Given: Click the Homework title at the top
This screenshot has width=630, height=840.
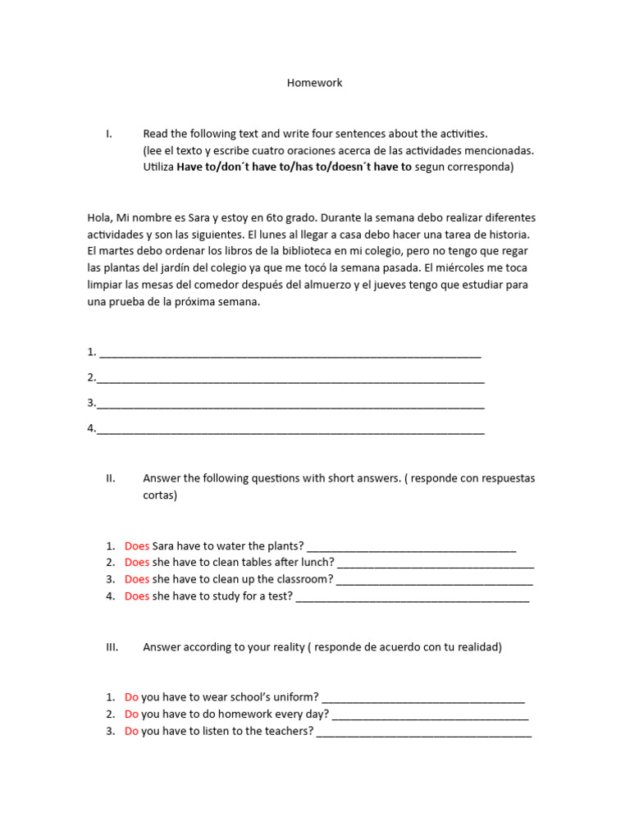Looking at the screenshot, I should (x=314, y=83).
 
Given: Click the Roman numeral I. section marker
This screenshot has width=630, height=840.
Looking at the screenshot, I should (x=109, y=134).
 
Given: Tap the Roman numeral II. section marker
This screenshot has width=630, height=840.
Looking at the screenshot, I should (x=111, y=478).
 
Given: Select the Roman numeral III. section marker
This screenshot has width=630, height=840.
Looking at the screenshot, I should (x=112, y=647).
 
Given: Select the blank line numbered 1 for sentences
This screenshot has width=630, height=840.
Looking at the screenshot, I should (x=289, y=354).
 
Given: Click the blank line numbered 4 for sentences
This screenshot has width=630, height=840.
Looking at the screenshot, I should (x=290, y=430).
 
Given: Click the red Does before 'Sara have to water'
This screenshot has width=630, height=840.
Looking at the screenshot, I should (x=137, y=546).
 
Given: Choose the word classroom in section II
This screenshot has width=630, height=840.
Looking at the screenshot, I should (x=299, y=580).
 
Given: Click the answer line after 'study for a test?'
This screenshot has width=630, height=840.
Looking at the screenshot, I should (x=412, y=598).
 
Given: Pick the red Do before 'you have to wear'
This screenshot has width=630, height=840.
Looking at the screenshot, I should (x=131, y=698).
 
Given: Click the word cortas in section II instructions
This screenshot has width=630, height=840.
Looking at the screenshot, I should (x=159, y=496).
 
